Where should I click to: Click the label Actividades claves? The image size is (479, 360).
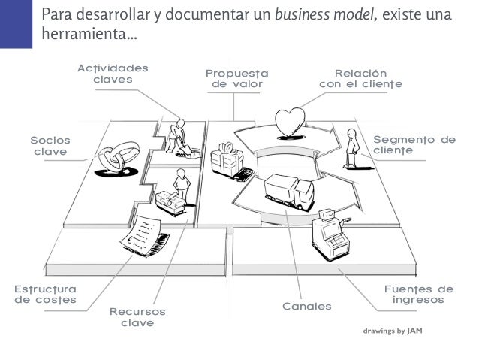[113, 74]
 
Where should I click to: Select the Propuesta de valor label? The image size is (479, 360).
[236, 79]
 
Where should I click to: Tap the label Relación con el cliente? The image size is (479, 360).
[360, 79]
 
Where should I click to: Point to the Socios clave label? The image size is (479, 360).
[50, 146]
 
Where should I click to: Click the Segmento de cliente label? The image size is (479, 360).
[414, 145]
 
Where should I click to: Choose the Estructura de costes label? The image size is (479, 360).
[46, 294]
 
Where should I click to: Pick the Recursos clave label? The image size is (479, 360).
[137, 316]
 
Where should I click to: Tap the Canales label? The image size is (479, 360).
[306, 307]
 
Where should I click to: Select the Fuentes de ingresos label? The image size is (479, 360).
[419, 294]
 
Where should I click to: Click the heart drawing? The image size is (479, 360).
[289, 122]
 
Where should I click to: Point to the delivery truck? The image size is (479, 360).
[290, 192]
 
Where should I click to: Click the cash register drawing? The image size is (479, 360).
[328, 230]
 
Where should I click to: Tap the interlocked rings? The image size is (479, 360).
[115, 159]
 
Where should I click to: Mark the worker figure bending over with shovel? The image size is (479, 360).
[180, 136]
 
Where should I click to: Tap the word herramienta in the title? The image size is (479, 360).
[82, 35]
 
